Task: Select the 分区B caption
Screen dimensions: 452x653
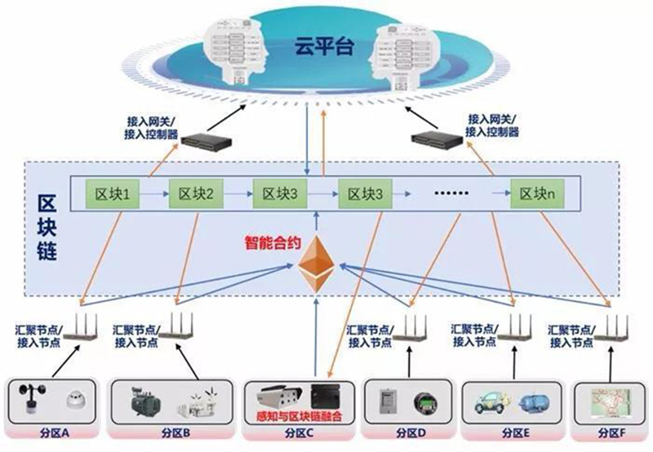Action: (175, 432)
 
